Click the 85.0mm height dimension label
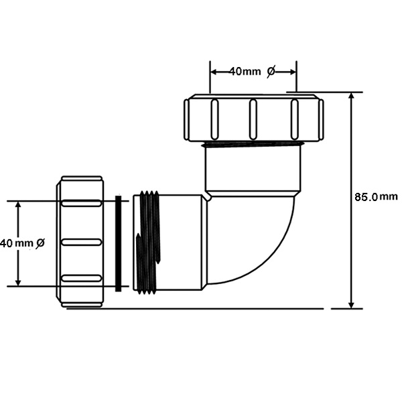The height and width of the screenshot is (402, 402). pos(376,196)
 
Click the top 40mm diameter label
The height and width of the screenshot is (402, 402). pos(252,71)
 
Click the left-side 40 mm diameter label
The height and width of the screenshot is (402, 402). pos(23,243)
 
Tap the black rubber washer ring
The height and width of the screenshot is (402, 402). pos(118,244)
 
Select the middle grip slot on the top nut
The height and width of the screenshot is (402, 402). pos(253,119)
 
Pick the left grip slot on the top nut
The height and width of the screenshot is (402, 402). pos(214,119)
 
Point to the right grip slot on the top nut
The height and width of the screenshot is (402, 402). pos(295,119)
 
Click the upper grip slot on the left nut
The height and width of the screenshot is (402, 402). pos(82,203)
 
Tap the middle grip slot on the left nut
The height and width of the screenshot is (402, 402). pos(82,242)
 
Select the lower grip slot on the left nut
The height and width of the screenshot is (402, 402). pos(82,278)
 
